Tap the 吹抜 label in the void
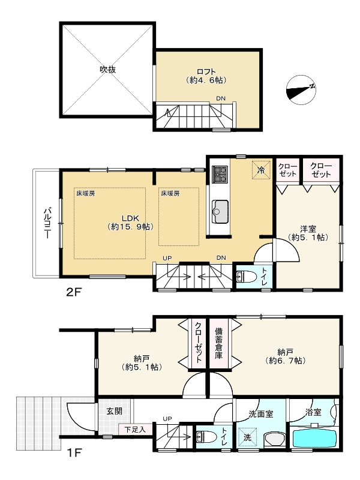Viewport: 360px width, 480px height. click(108, 70)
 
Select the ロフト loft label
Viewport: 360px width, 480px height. click(206, 72)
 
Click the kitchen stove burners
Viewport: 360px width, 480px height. click(220, 175)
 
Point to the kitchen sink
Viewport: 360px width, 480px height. click(220, 212)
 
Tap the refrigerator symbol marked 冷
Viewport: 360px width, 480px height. click(262, 170)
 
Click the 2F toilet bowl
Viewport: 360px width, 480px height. click(246, 277)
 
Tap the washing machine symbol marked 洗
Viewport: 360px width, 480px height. click(247, 437)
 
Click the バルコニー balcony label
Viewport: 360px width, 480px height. click(47, 223)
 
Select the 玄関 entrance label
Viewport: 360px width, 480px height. click(115, 411)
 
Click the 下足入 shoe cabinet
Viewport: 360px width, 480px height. click(134, 430)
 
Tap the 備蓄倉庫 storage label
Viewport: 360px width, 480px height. click(218, 343)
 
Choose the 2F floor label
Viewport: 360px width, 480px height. click(73, 292)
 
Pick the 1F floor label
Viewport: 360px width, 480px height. click(74, 452)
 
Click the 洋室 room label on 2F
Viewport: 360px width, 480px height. click(308, 229)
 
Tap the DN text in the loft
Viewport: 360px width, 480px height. click(221, 98)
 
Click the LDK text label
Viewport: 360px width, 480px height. click(130, 218)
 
